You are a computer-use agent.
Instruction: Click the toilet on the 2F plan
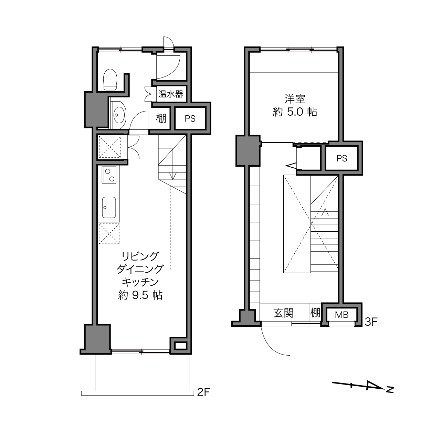coord(110,80)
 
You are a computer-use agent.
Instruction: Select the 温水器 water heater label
coord(171,94)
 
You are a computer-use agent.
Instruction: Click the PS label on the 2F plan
coord(190,118)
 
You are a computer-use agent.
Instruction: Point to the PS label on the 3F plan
coord(342,158)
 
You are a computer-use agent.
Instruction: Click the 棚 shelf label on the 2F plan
coord(161,118)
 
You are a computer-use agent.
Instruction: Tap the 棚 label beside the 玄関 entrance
coord(315,313)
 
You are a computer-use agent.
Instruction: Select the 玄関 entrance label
coord(284,313)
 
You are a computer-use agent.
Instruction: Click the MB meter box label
coord(342,315)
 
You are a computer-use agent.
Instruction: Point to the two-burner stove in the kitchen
coord(109,175)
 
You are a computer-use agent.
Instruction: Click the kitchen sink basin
coord(109,208)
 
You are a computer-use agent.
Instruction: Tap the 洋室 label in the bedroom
coord(295,99)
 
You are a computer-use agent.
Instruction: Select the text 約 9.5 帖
coord(140,295)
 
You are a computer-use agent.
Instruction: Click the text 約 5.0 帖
coord(295,112)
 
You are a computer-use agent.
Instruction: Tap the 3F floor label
coord(371,322)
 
